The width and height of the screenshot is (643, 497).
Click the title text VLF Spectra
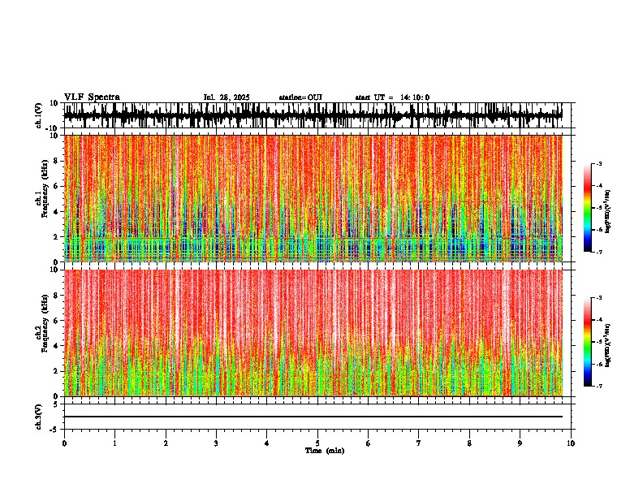[x=92, y=97]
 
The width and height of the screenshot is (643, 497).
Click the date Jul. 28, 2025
[x=227, y=97]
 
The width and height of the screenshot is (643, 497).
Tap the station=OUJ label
[x=300, y=97]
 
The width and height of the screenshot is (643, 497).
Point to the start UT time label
[x=392, y=97]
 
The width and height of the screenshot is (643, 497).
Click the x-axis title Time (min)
[x=324, y=451]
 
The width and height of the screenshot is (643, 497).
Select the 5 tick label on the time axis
[x=317, y=443]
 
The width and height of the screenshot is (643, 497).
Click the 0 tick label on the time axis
[x=64, y=443]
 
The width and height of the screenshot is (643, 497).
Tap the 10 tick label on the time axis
[x=571, y=443]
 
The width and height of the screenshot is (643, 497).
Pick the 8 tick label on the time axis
[x=469, y=443]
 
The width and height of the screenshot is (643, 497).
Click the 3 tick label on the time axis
[x=216, y=443]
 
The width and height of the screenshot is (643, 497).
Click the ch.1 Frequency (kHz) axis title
[x=40, y=198]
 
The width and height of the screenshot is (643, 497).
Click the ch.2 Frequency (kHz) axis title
[x=40, y=332]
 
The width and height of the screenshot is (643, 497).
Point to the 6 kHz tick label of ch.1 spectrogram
[x=54, y=186]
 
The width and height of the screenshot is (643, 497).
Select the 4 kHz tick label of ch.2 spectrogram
[x=54, y=345]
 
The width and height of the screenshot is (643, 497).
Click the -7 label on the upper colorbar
[x=600, y=252]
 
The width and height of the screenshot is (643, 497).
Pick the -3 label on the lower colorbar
[x=600, y=299]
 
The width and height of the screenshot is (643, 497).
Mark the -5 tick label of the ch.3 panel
[x=53, y=428]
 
